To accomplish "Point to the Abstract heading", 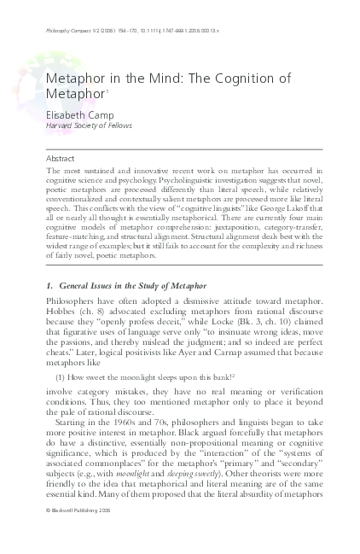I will click(x=61, y=159).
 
